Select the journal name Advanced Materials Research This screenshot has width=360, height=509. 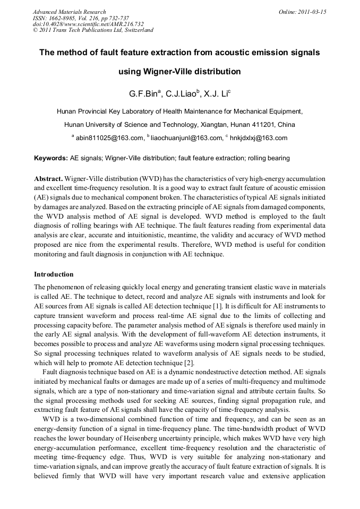click(x=69, y=12)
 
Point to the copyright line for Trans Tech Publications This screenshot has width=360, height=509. click(x=93, y=30)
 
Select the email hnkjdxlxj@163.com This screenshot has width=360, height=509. click(x=259, y=138)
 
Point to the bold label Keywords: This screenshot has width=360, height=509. click(x=51, y=158)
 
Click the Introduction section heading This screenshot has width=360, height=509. click(x=54, y=274)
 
